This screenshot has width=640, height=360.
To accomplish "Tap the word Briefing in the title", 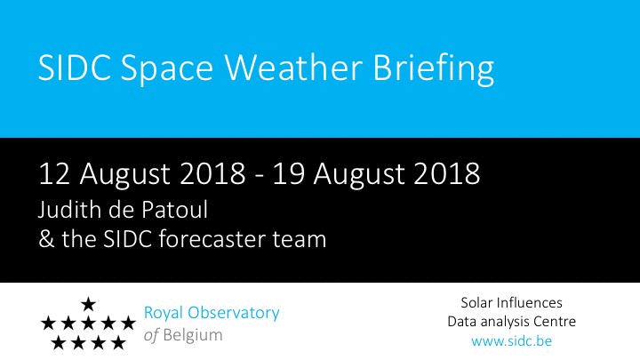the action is point(434,69).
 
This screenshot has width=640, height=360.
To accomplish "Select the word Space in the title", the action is point(167,70).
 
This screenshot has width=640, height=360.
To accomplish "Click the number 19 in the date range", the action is point(289,174).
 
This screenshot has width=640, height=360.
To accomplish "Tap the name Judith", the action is point(69,210).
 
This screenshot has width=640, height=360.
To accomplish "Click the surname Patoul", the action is point(175,210).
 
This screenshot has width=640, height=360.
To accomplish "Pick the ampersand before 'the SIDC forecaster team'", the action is point(46,239).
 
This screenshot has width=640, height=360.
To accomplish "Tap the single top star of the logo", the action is point(88,304).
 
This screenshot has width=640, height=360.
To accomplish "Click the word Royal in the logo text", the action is point(162,314).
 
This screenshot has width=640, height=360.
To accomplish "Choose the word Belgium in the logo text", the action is point(193,335).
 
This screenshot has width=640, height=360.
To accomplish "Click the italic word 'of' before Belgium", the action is point(151,335).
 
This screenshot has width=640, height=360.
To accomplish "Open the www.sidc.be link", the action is point(511,341).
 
